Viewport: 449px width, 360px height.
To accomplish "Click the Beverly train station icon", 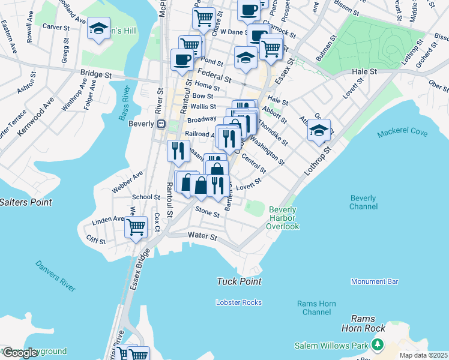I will [x=161, y=124].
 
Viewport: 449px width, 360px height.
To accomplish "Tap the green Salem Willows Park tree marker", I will [x=377, y=345].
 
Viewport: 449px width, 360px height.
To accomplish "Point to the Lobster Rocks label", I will [x=238, y=302].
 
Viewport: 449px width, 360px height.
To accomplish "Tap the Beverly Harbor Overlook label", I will [x=283, y=218].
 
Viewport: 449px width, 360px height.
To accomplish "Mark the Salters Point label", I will [x=26, y=202].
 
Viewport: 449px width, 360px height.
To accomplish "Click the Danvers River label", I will [x=55, y=276].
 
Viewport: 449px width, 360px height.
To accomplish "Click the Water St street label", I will [x=202, y=237].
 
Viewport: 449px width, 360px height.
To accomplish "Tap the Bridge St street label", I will [x=96, y=75].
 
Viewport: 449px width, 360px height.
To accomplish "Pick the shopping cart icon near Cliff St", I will [x=136, y=227].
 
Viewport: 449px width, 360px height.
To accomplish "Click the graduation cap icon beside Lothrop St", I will [x=319, y=130].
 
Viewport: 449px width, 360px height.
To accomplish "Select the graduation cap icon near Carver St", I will [x=98, y=29].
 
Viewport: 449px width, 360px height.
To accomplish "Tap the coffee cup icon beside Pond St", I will [x=182, y=59].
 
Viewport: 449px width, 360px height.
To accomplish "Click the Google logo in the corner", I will [x=20, y=353].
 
